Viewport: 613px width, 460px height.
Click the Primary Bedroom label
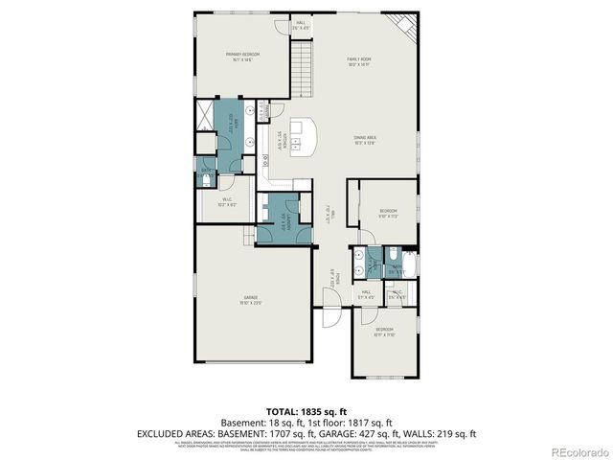coord(243,57)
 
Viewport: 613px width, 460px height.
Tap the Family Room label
coord(360,62)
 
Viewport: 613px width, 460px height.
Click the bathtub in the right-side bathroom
coord(408,262)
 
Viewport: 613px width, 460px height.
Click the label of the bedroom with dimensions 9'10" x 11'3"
coord(387,213)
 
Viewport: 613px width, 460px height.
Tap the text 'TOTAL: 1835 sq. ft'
coord(306,411)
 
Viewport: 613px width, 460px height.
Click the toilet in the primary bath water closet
coord(207,179)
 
